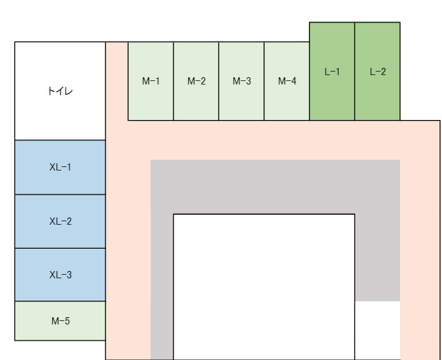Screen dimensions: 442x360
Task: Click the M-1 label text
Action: tap(150, 82)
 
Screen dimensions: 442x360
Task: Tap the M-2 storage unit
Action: tap(196, 81)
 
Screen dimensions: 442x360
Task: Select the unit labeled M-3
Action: tap(242, 81)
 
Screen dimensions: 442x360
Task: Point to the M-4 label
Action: tap(287, 82)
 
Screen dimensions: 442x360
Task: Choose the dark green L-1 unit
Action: tap(332, 72)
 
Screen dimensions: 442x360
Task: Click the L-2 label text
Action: tap(378, 72)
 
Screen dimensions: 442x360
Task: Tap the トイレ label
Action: tap(60, 91)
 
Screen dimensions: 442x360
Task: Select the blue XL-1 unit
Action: tap(60, 167)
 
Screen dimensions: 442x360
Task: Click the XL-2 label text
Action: tap(60, 221)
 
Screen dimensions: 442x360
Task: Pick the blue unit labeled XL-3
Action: tap(60, 275)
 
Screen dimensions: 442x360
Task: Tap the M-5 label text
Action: tap(61, 321)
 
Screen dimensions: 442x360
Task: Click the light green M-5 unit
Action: tap(60, 321)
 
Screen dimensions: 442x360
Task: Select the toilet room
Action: tap(60, 91)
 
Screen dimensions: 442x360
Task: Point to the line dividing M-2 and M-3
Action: tap(218, 81)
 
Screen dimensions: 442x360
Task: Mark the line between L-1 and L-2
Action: tap(354, 72)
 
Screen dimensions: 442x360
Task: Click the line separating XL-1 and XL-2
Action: tap(60, 194)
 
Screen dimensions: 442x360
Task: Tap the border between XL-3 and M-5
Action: tap(60, 301)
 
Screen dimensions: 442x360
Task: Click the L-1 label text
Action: tap(332, 72)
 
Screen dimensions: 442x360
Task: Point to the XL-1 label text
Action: tap(60, 167)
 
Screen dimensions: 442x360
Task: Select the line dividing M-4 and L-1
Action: tap(309, 81)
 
